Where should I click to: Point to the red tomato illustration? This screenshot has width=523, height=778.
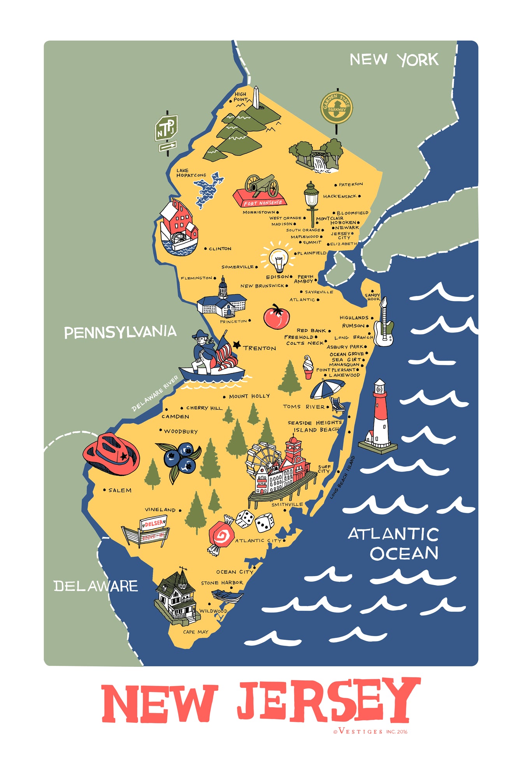(x=276, y=317)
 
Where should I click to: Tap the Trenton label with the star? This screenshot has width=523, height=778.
(x=257, y=347)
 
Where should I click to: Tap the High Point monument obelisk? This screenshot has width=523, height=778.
(x=256, y=97)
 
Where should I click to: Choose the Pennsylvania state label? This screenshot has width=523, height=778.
(x=120, y=332)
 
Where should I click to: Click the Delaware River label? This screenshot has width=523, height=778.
(x=155, y=394)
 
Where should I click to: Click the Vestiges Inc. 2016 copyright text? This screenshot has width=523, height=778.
(x=370, y=731)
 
